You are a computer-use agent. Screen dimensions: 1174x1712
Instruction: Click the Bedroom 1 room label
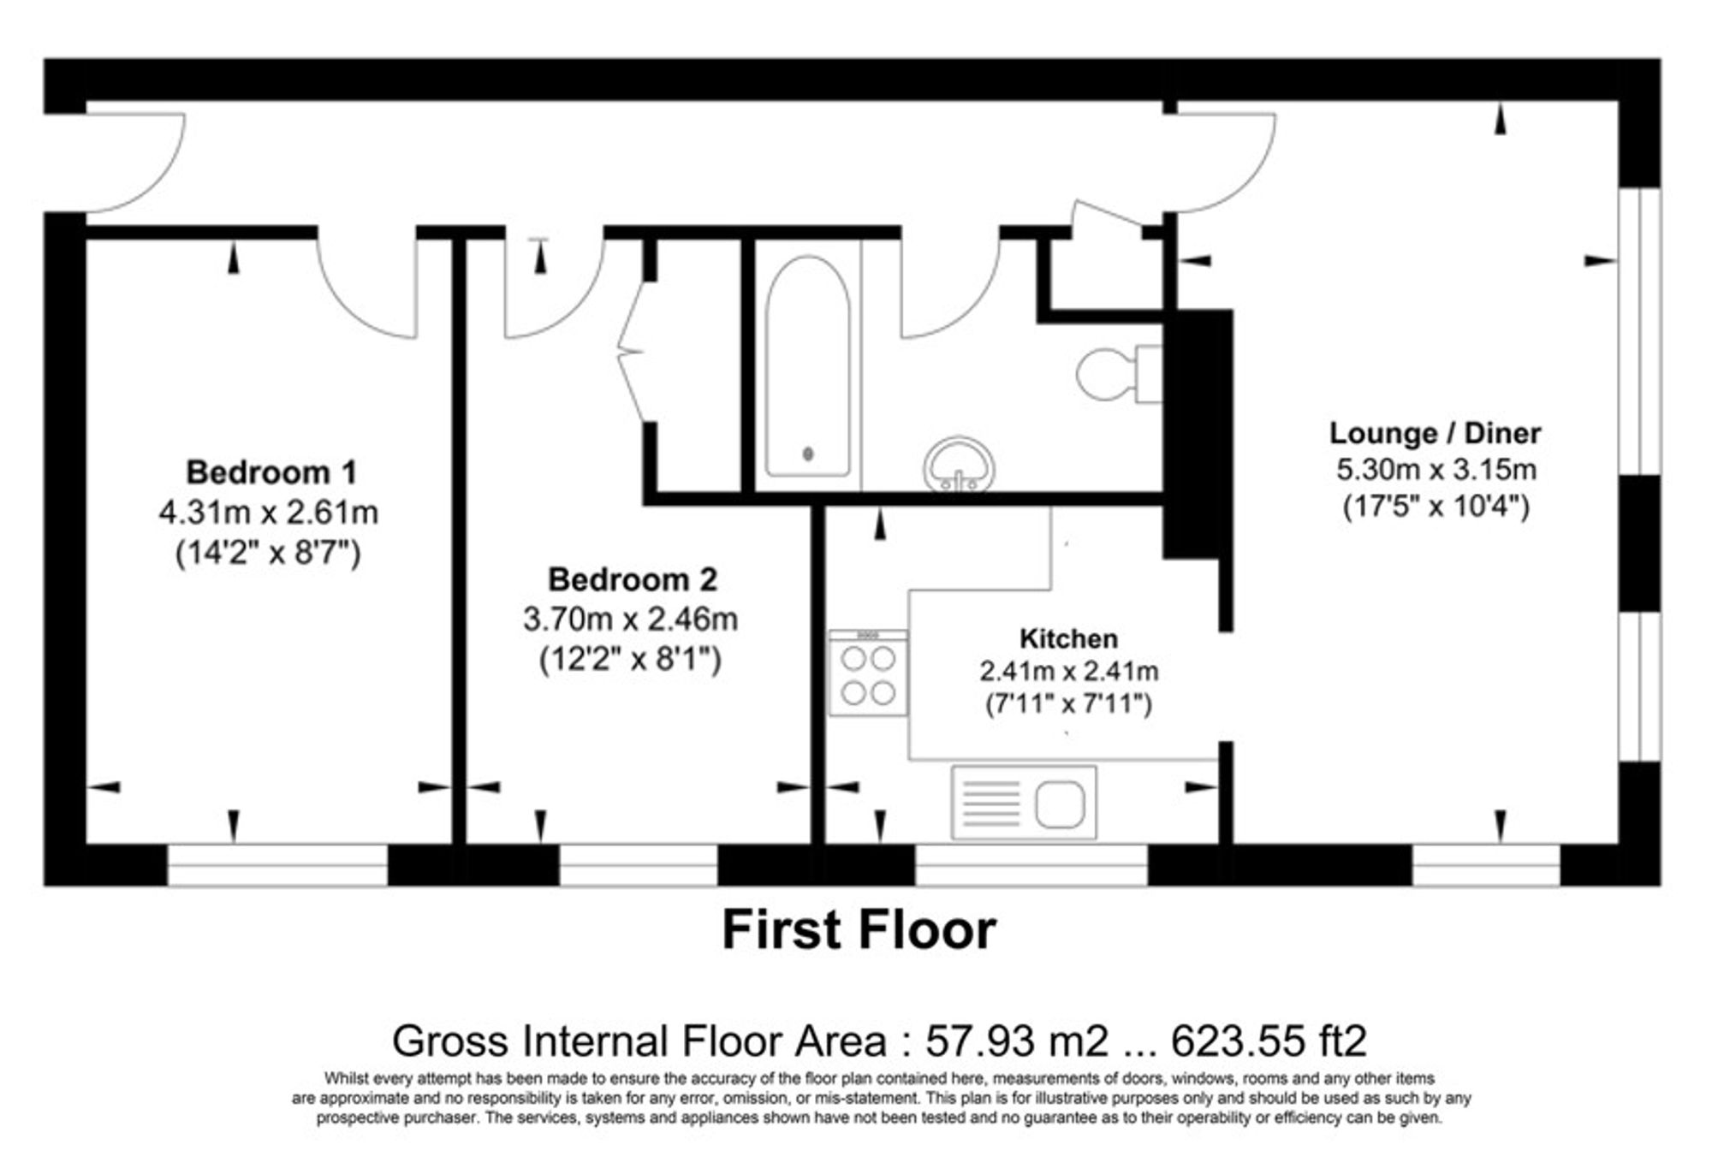click(x=270, y=472)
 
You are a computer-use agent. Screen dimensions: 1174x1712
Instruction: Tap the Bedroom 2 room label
click(x=632, y=579)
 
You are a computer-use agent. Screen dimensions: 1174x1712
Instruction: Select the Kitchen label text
click(x=1068, y=638)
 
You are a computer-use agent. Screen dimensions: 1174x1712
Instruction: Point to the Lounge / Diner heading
click(x=1435, y=433)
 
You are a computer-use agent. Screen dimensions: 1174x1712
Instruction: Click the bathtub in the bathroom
click(x=807, y=366)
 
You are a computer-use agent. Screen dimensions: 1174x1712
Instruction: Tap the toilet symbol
click(x=1116, y=374)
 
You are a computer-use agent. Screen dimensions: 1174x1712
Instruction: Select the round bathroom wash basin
click(x=959, y=465)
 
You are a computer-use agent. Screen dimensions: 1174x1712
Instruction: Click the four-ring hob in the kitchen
click(x=868, y=674)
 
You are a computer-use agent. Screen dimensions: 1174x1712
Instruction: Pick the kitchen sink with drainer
click(x=1024, y=802)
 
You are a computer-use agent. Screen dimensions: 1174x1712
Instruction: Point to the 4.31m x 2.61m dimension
click(x=268, y=513)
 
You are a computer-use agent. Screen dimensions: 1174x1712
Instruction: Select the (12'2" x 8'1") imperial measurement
click(x=631, y=660)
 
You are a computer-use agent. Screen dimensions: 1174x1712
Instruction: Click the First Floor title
click(x=859, y=930)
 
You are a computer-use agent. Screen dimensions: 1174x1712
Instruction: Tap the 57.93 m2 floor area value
click(x=1016, y=1041)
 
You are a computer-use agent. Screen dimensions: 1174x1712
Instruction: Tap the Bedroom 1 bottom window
click(x=277, y=864)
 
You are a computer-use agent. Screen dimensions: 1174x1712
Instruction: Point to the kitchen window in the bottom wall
click(x=1031, y=864)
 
